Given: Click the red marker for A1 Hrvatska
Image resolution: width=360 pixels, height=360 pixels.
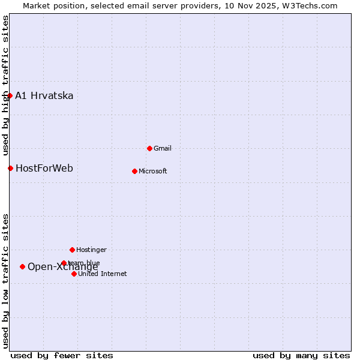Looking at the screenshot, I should click(10, 95).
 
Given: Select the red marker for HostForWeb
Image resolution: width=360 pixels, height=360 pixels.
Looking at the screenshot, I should click(10, 168).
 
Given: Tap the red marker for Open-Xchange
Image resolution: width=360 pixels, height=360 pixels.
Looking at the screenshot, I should click(22, 266).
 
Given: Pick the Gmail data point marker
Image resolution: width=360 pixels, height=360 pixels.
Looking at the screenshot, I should click(149, 148).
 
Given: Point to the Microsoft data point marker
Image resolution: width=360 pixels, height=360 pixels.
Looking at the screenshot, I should click(134, 171).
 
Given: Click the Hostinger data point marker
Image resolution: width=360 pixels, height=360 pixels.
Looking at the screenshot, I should click(72, 250).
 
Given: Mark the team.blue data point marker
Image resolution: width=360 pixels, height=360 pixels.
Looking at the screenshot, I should click(64, 263).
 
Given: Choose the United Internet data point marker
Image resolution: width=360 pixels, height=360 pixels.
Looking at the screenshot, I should click(74, 274).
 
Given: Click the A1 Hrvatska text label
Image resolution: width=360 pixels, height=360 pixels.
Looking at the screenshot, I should click(44, 96).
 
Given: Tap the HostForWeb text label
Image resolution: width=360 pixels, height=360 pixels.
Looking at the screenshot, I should click(44, 169).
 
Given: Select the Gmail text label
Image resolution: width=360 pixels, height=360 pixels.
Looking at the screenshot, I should click(163, 148).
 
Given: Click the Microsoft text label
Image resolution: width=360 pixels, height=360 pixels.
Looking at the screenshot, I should click(153, 172).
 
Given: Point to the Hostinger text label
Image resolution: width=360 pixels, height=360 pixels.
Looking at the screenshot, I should click(91, 250).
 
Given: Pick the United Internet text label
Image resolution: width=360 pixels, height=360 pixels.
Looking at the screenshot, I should click(103, 274).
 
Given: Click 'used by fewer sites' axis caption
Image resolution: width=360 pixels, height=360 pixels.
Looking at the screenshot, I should click(62, 355).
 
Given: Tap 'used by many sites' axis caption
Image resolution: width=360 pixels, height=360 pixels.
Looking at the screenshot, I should click(301, 355).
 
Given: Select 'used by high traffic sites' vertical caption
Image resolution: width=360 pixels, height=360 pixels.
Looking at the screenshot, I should click(5, 86).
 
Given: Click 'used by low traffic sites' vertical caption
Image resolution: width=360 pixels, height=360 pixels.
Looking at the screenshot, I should click(5, 281).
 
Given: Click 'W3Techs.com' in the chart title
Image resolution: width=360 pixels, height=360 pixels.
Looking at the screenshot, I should click(311, 5).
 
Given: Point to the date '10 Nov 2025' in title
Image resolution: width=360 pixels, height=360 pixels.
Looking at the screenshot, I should click(255, 5).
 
